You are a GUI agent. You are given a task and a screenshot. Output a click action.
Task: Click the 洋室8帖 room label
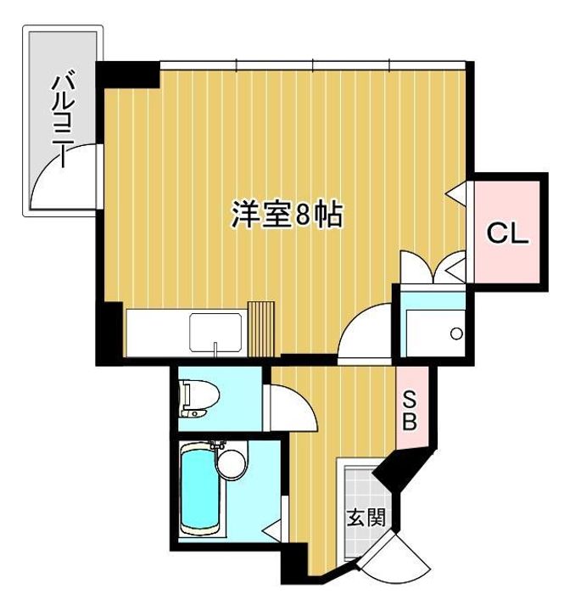(x=287, y=216)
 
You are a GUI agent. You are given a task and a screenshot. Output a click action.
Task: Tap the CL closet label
(x=508, y=233)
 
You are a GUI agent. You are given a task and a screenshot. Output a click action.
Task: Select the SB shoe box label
(x=408, y=410)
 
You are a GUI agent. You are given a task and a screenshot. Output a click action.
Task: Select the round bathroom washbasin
(x=230, y=463)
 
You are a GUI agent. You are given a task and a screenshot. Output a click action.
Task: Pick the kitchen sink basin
(x=217, y=334)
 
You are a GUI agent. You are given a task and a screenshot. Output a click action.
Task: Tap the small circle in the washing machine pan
(x=456, y=334)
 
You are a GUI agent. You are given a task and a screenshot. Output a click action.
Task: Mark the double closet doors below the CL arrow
(x=433, y=269)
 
